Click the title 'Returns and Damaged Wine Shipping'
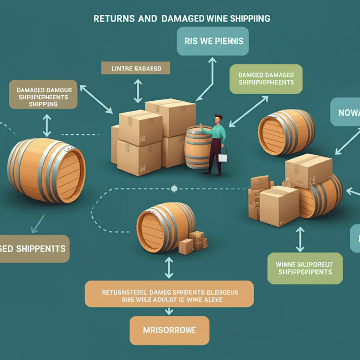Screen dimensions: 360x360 point(182,19)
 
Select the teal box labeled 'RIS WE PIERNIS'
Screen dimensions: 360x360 point(212,41)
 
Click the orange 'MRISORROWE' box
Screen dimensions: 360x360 point(170,330)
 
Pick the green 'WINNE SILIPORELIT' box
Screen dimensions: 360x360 point(305,268)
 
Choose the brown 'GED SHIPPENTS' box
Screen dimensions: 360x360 point(34,248)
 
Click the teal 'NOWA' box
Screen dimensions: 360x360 point(346,112)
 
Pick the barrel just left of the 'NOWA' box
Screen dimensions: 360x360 point(286,132)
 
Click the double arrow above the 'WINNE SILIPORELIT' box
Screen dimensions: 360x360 point(300,239)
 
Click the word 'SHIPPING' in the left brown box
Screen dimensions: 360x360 point(44,104)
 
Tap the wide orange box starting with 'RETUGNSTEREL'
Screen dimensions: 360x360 point(169,294)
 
